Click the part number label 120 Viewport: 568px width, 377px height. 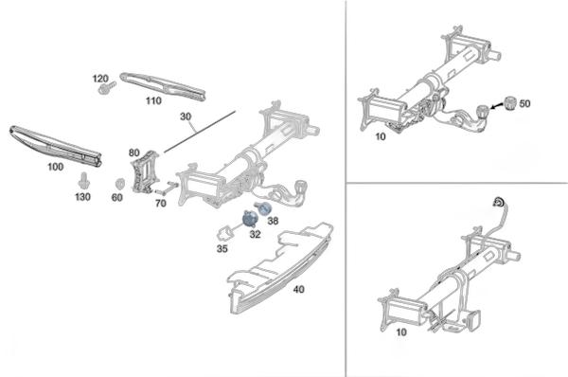point(100,79)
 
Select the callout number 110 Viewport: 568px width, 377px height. point(153,100)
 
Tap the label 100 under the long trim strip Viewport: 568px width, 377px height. point(56,167)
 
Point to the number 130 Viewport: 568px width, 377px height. point(82,197)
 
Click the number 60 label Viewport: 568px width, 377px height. point(117,198)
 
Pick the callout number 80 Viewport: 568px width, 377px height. point(134,153)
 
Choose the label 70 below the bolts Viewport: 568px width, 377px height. point(161,203)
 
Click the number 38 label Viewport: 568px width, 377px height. point(273,221)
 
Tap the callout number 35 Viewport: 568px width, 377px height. point(222,249)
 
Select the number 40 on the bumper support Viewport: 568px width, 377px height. point(298,289)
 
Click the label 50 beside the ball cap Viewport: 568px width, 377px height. point(524,103)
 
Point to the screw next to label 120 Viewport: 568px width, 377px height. point(106,88)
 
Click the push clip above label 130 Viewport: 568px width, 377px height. point(84,181)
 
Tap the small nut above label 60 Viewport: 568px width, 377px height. point(118,184)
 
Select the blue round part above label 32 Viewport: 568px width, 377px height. point(249,219)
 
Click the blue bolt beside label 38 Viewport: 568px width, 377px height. point(262,208)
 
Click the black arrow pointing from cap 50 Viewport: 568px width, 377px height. point(497,106)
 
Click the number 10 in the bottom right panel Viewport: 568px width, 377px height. point(401,332)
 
